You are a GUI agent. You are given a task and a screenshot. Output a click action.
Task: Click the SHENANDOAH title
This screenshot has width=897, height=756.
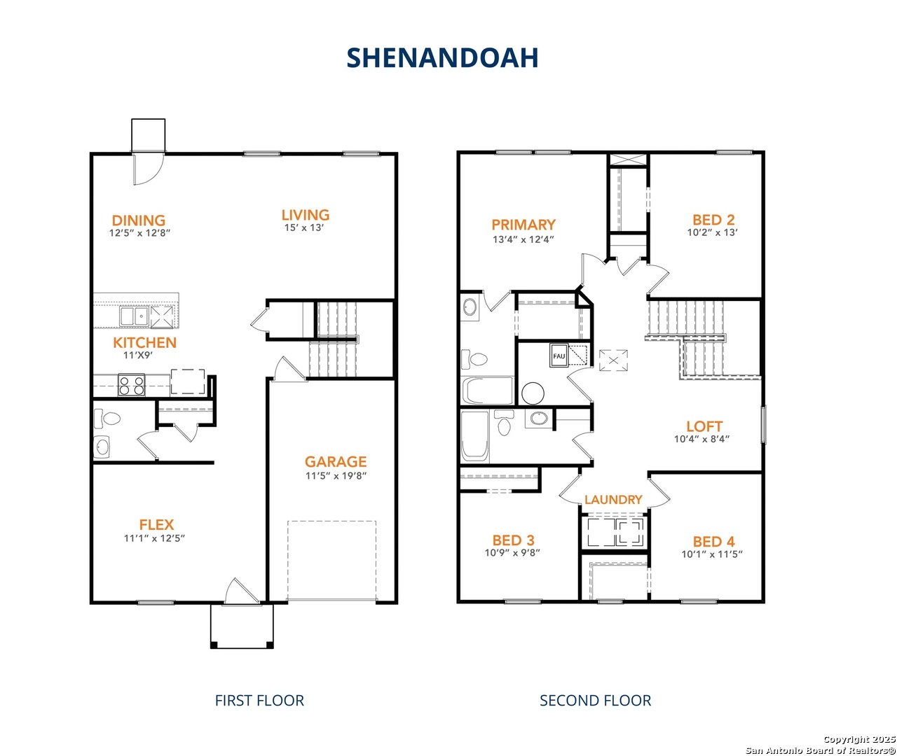[x=442, y=58]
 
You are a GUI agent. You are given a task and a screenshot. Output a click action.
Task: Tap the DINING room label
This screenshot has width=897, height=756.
[x=138, y=220]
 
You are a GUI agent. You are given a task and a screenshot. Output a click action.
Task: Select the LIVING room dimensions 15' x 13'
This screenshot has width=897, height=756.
[x=303, y=227]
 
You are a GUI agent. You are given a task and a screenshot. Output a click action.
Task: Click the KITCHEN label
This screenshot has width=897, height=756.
[x=145, y=342]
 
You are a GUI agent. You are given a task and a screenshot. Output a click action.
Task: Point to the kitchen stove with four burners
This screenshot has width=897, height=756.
[x=132, y=384]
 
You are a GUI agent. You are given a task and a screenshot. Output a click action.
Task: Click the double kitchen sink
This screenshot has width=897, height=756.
[x=134, y=316]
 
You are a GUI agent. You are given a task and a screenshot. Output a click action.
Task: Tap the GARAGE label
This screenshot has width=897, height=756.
[x=336, y=462]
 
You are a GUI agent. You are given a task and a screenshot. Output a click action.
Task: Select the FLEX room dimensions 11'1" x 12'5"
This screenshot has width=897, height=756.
[x=155, y=538]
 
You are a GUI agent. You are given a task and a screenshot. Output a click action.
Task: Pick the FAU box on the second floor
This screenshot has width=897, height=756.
[x=559, y=356]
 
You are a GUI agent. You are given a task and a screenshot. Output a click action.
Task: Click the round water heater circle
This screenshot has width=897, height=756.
[x=533, y=393]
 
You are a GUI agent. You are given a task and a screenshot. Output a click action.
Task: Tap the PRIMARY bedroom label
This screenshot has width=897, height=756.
[x=523, y=225]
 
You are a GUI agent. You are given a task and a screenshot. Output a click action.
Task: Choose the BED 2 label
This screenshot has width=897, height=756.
[x=713, y=220]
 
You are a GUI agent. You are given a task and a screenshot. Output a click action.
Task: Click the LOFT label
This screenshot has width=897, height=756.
[x=704, y=426]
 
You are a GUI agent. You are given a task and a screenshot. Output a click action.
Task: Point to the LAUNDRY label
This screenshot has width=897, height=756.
[x=613, y=499]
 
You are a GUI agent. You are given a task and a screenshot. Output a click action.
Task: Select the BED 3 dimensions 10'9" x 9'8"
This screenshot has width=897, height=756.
[x=512, y=552]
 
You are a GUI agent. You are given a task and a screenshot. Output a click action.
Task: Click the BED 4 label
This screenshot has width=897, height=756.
[x=713, y=542]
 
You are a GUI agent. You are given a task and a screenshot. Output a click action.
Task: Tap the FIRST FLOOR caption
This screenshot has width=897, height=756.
[x=259, y=701]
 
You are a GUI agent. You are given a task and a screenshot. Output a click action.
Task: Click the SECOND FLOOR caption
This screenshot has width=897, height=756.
[x=596, y=701]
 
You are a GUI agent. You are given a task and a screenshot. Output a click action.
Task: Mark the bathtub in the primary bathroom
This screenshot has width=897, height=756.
[x=488, y=391]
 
